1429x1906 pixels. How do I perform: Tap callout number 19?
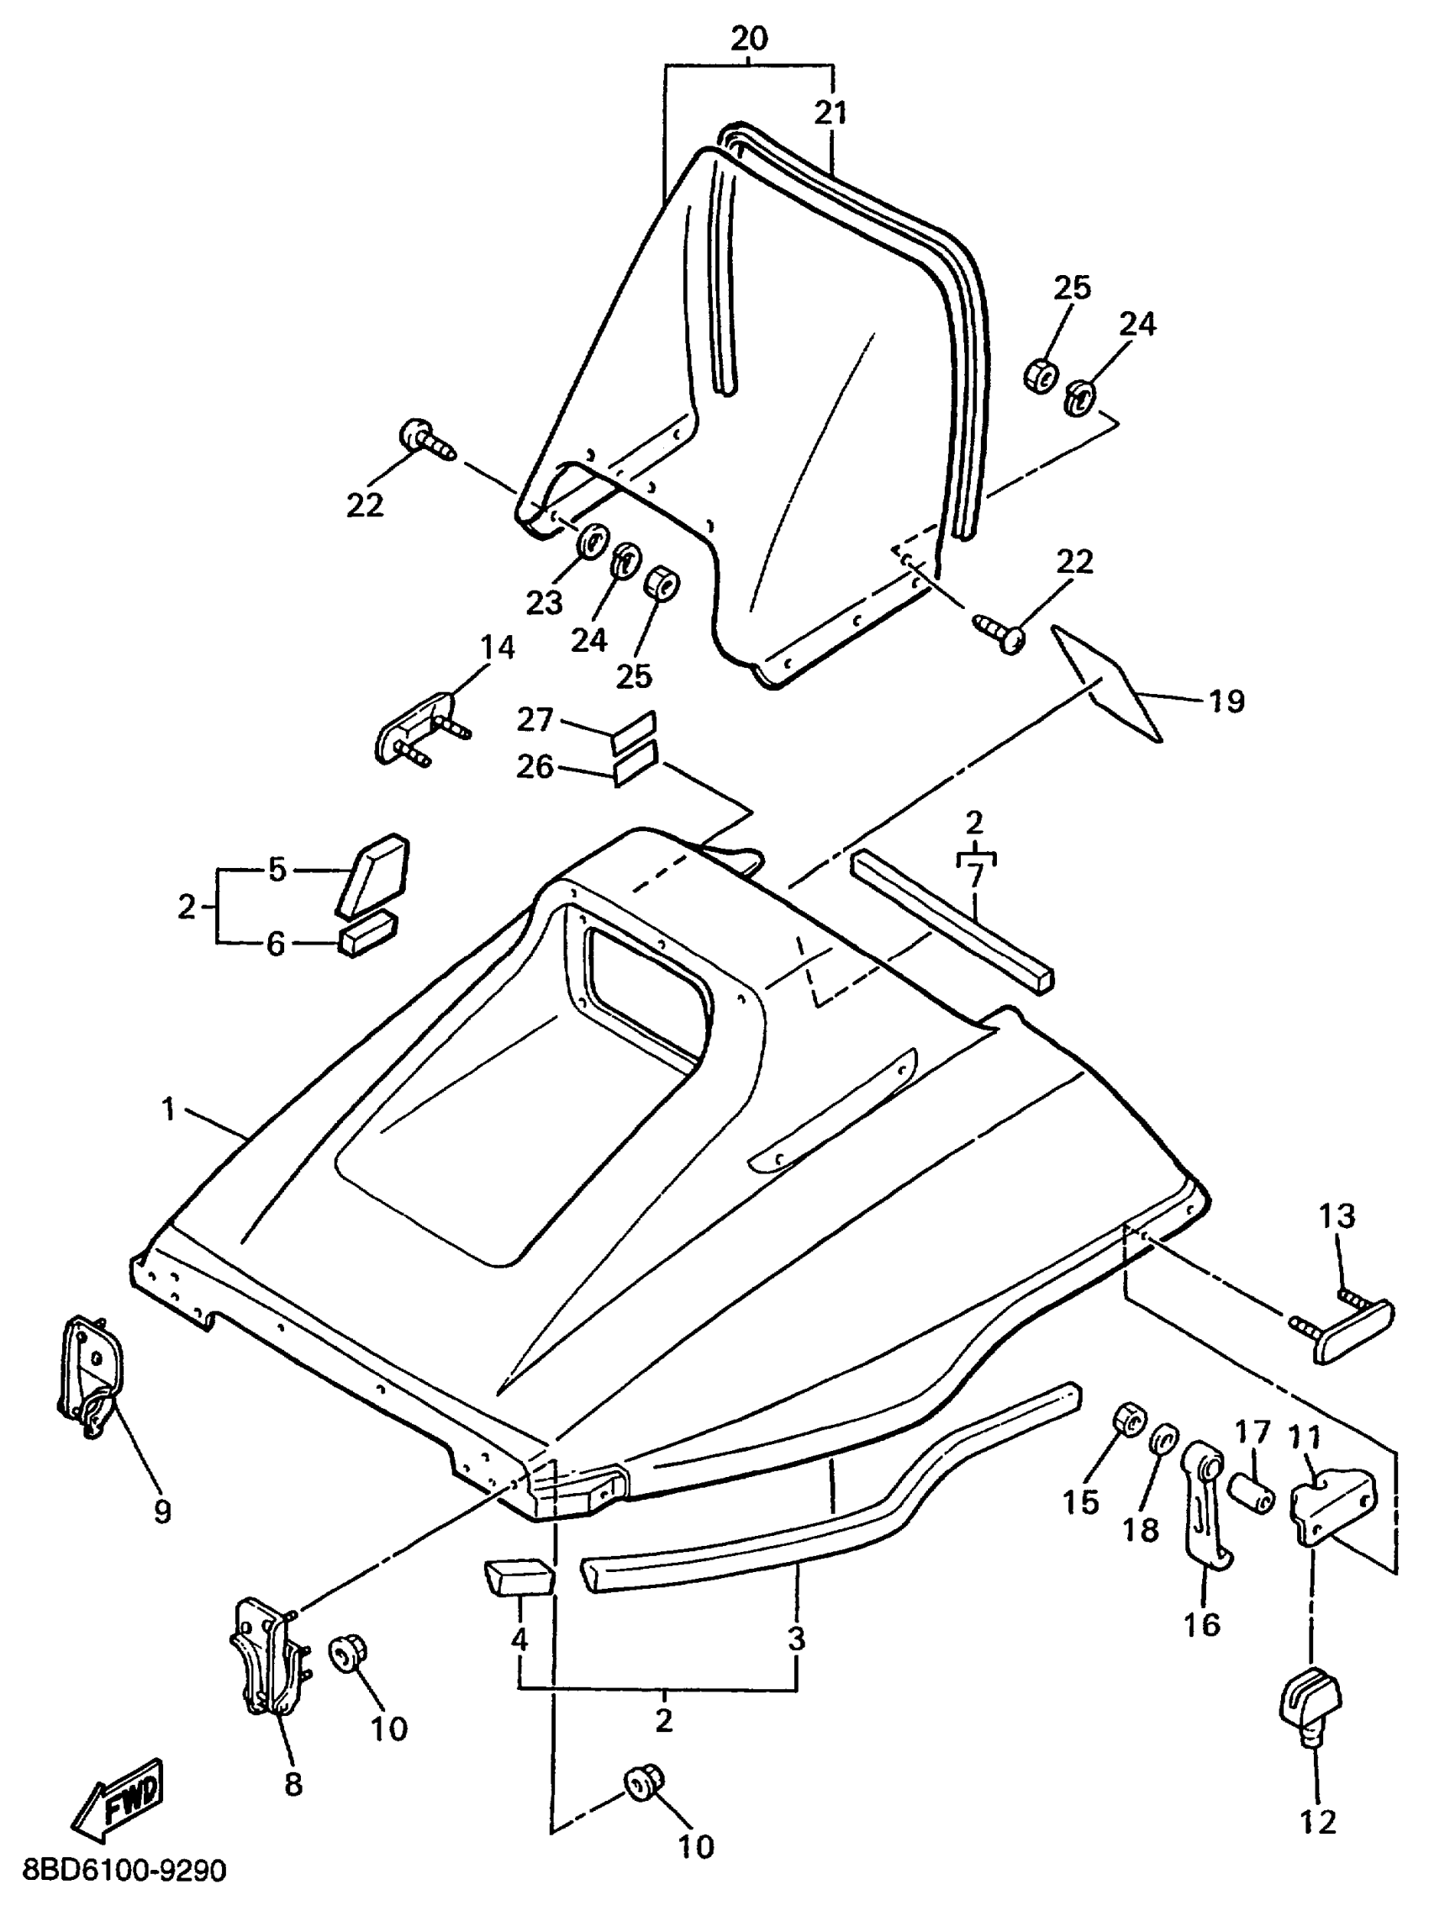tap(1226, 702)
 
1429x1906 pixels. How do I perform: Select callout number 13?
tap(1336, 1215)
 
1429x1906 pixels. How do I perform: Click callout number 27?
tap(534, 719)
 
